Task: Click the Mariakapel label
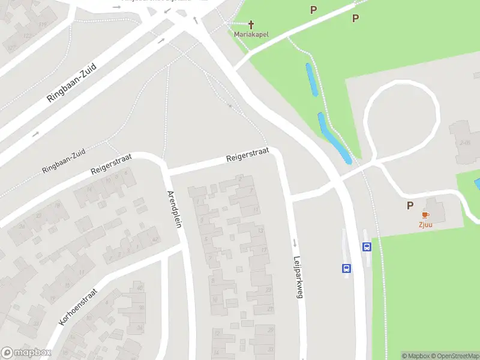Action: (251, 34)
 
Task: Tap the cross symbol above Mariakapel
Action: (251, 25)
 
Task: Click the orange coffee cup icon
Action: (425, 215)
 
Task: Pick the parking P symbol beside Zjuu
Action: (410, 206)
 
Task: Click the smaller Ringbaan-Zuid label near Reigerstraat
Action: (64, 161)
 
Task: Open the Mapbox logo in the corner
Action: (25, 352)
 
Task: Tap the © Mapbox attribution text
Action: (413, 356)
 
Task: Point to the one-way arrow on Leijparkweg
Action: (295, 244)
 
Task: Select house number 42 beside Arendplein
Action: (156, 239)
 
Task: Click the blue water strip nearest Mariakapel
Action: (312, 79)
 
